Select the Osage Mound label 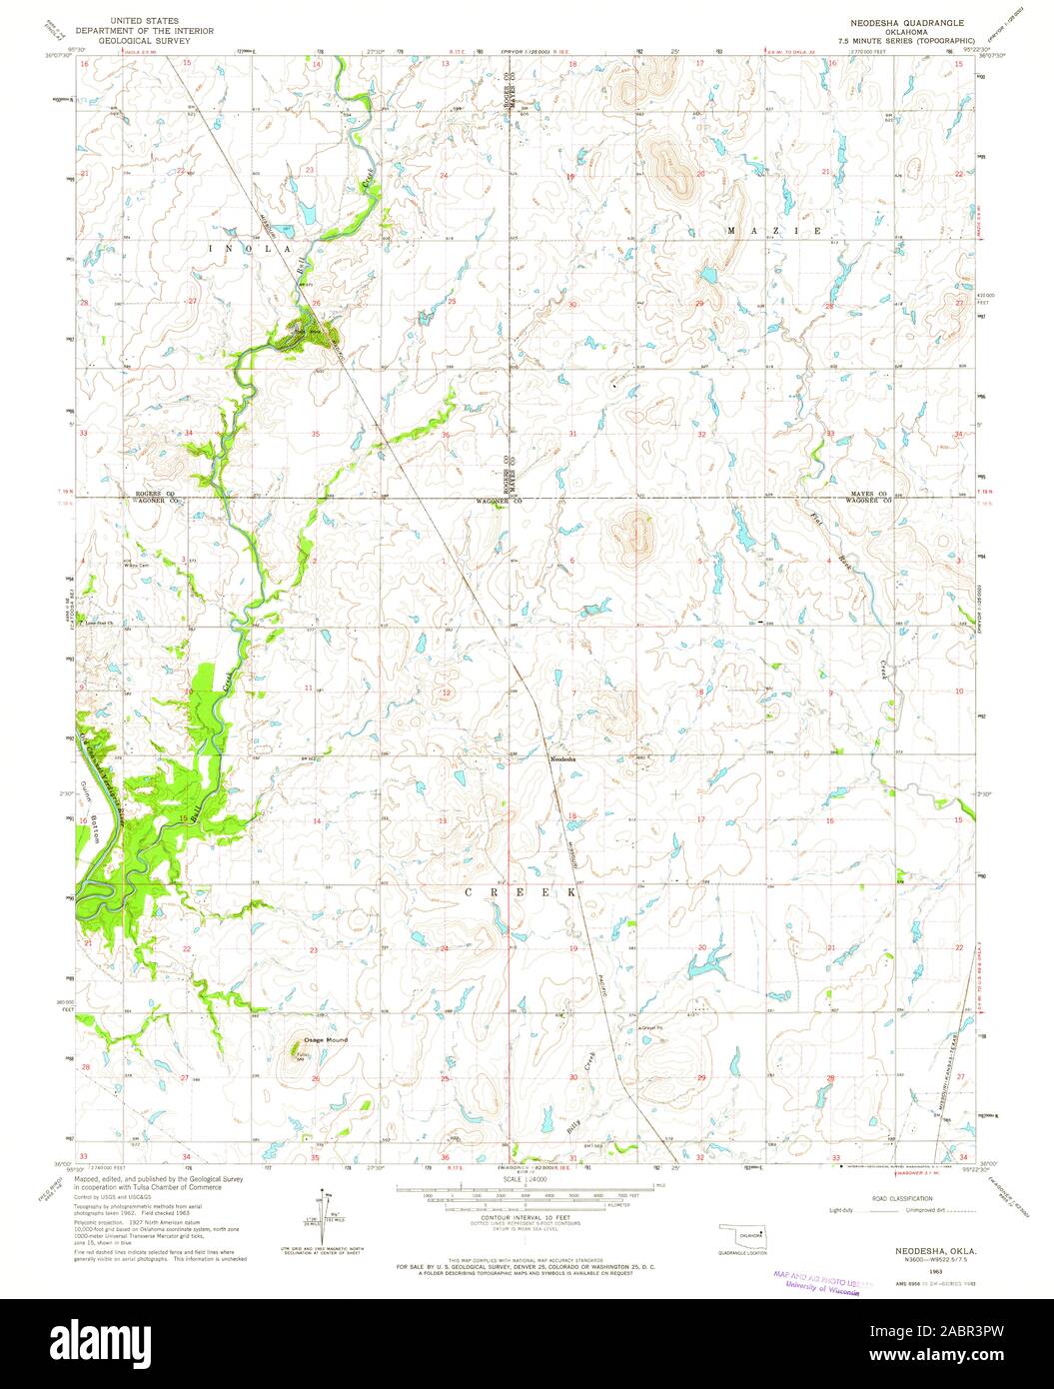327,1040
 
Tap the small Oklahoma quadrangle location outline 743,1238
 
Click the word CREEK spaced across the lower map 521,888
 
